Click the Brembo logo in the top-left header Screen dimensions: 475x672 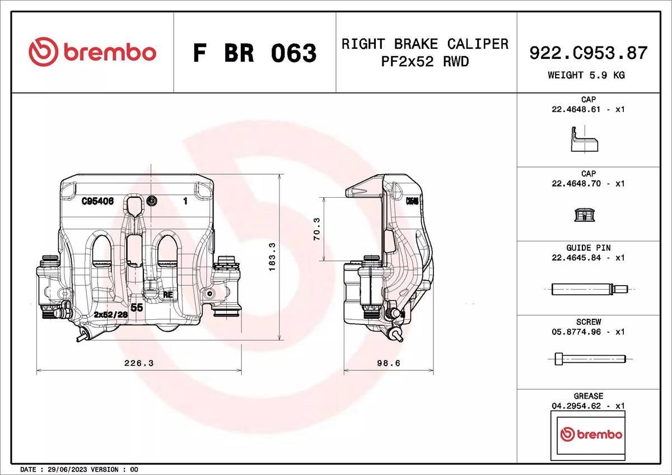click(x=92, y=53)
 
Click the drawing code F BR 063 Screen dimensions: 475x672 click(x=255, y=53)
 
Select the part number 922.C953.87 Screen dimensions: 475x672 click(x=588, y=53)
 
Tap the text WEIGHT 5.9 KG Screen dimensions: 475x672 click(x=586, y=74)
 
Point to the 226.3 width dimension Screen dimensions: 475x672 click(x=138, y=363)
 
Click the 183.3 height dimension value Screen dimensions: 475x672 click(x=272, y=258)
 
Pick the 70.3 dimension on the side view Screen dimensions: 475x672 click(x=316, y=229)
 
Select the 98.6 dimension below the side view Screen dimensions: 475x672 click(x=388, y=363)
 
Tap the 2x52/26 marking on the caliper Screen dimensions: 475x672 click(x=111, y=315)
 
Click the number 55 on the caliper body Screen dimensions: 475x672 click(x=137, y=308)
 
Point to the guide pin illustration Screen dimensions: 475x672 click(x=589, y=289)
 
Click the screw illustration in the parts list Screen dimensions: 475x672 click(x=589, y=358)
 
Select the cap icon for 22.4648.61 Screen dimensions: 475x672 click(x=584, y=139)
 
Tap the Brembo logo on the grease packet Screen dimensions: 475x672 click(x=591, y=435)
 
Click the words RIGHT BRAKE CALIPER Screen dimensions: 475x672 click(x=425, y=44)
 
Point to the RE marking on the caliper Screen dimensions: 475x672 click(x=167, y=294)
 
